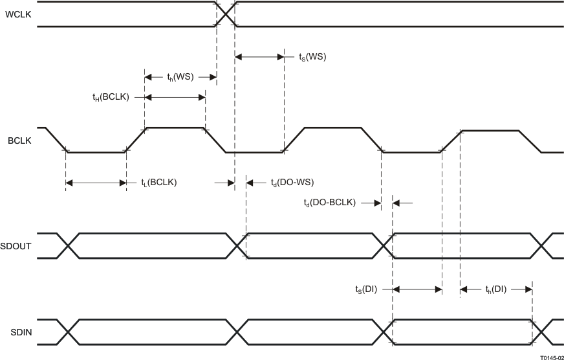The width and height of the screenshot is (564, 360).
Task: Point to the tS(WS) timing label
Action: [x=312, y=57]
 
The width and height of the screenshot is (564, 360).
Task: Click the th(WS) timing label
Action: [x=180, y=78]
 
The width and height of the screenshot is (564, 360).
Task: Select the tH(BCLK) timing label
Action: [x=111, y=97]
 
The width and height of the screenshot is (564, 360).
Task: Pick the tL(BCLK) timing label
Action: [x=158, y=183]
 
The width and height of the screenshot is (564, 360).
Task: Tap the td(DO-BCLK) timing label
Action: [x=330, y=203]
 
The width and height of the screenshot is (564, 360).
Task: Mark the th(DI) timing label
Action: [x=496, y=289]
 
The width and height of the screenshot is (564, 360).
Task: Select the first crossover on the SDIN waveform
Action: [x=68, y=332]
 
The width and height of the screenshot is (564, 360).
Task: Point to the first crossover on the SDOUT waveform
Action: [x=68, y=245]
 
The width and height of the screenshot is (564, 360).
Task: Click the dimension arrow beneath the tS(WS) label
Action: [x=259, y=57]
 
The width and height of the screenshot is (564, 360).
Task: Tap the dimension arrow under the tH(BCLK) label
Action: [x=175, y=98]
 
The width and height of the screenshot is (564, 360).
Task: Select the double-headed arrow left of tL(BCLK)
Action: [x=96, y=183]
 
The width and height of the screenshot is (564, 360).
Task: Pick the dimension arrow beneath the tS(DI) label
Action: [x=417, y=289]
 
